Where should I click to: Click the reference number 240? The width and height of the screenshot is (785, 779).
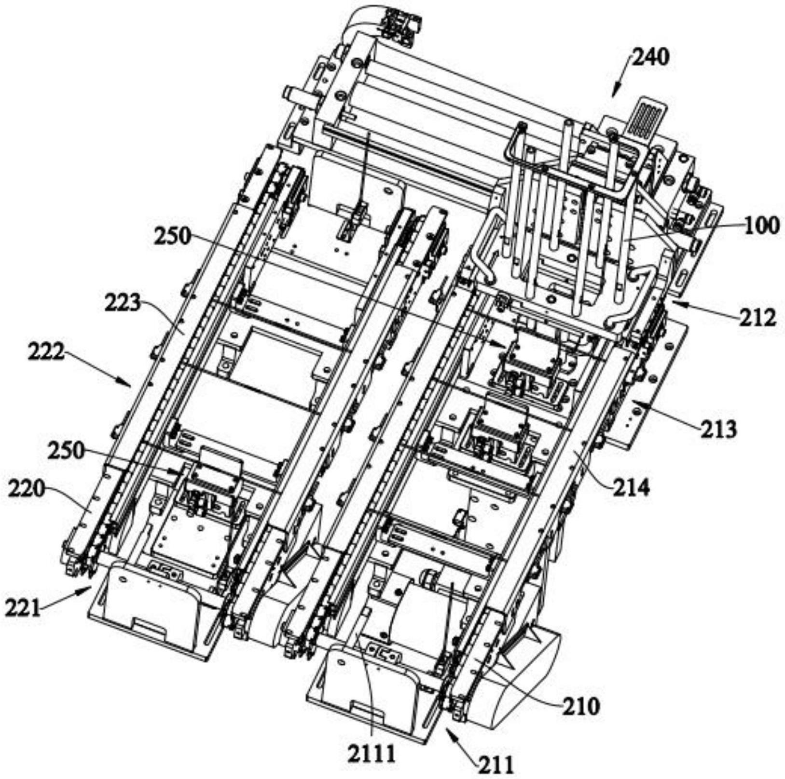(651, 58)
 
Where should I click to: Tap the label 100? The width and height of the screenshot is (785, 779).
(761, 226)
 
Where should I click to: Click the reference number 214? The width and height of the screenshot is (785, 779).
(631, 488)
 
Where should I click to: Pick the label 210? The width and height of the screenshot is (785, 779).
(581, 707)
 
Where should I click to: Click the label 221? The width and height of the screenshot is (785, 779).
(23, 608)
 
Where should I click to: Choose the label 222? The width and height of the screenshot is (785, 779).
(45, 353)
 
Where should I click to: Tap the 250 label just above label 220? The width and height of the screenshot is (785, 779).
(66, 451)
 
